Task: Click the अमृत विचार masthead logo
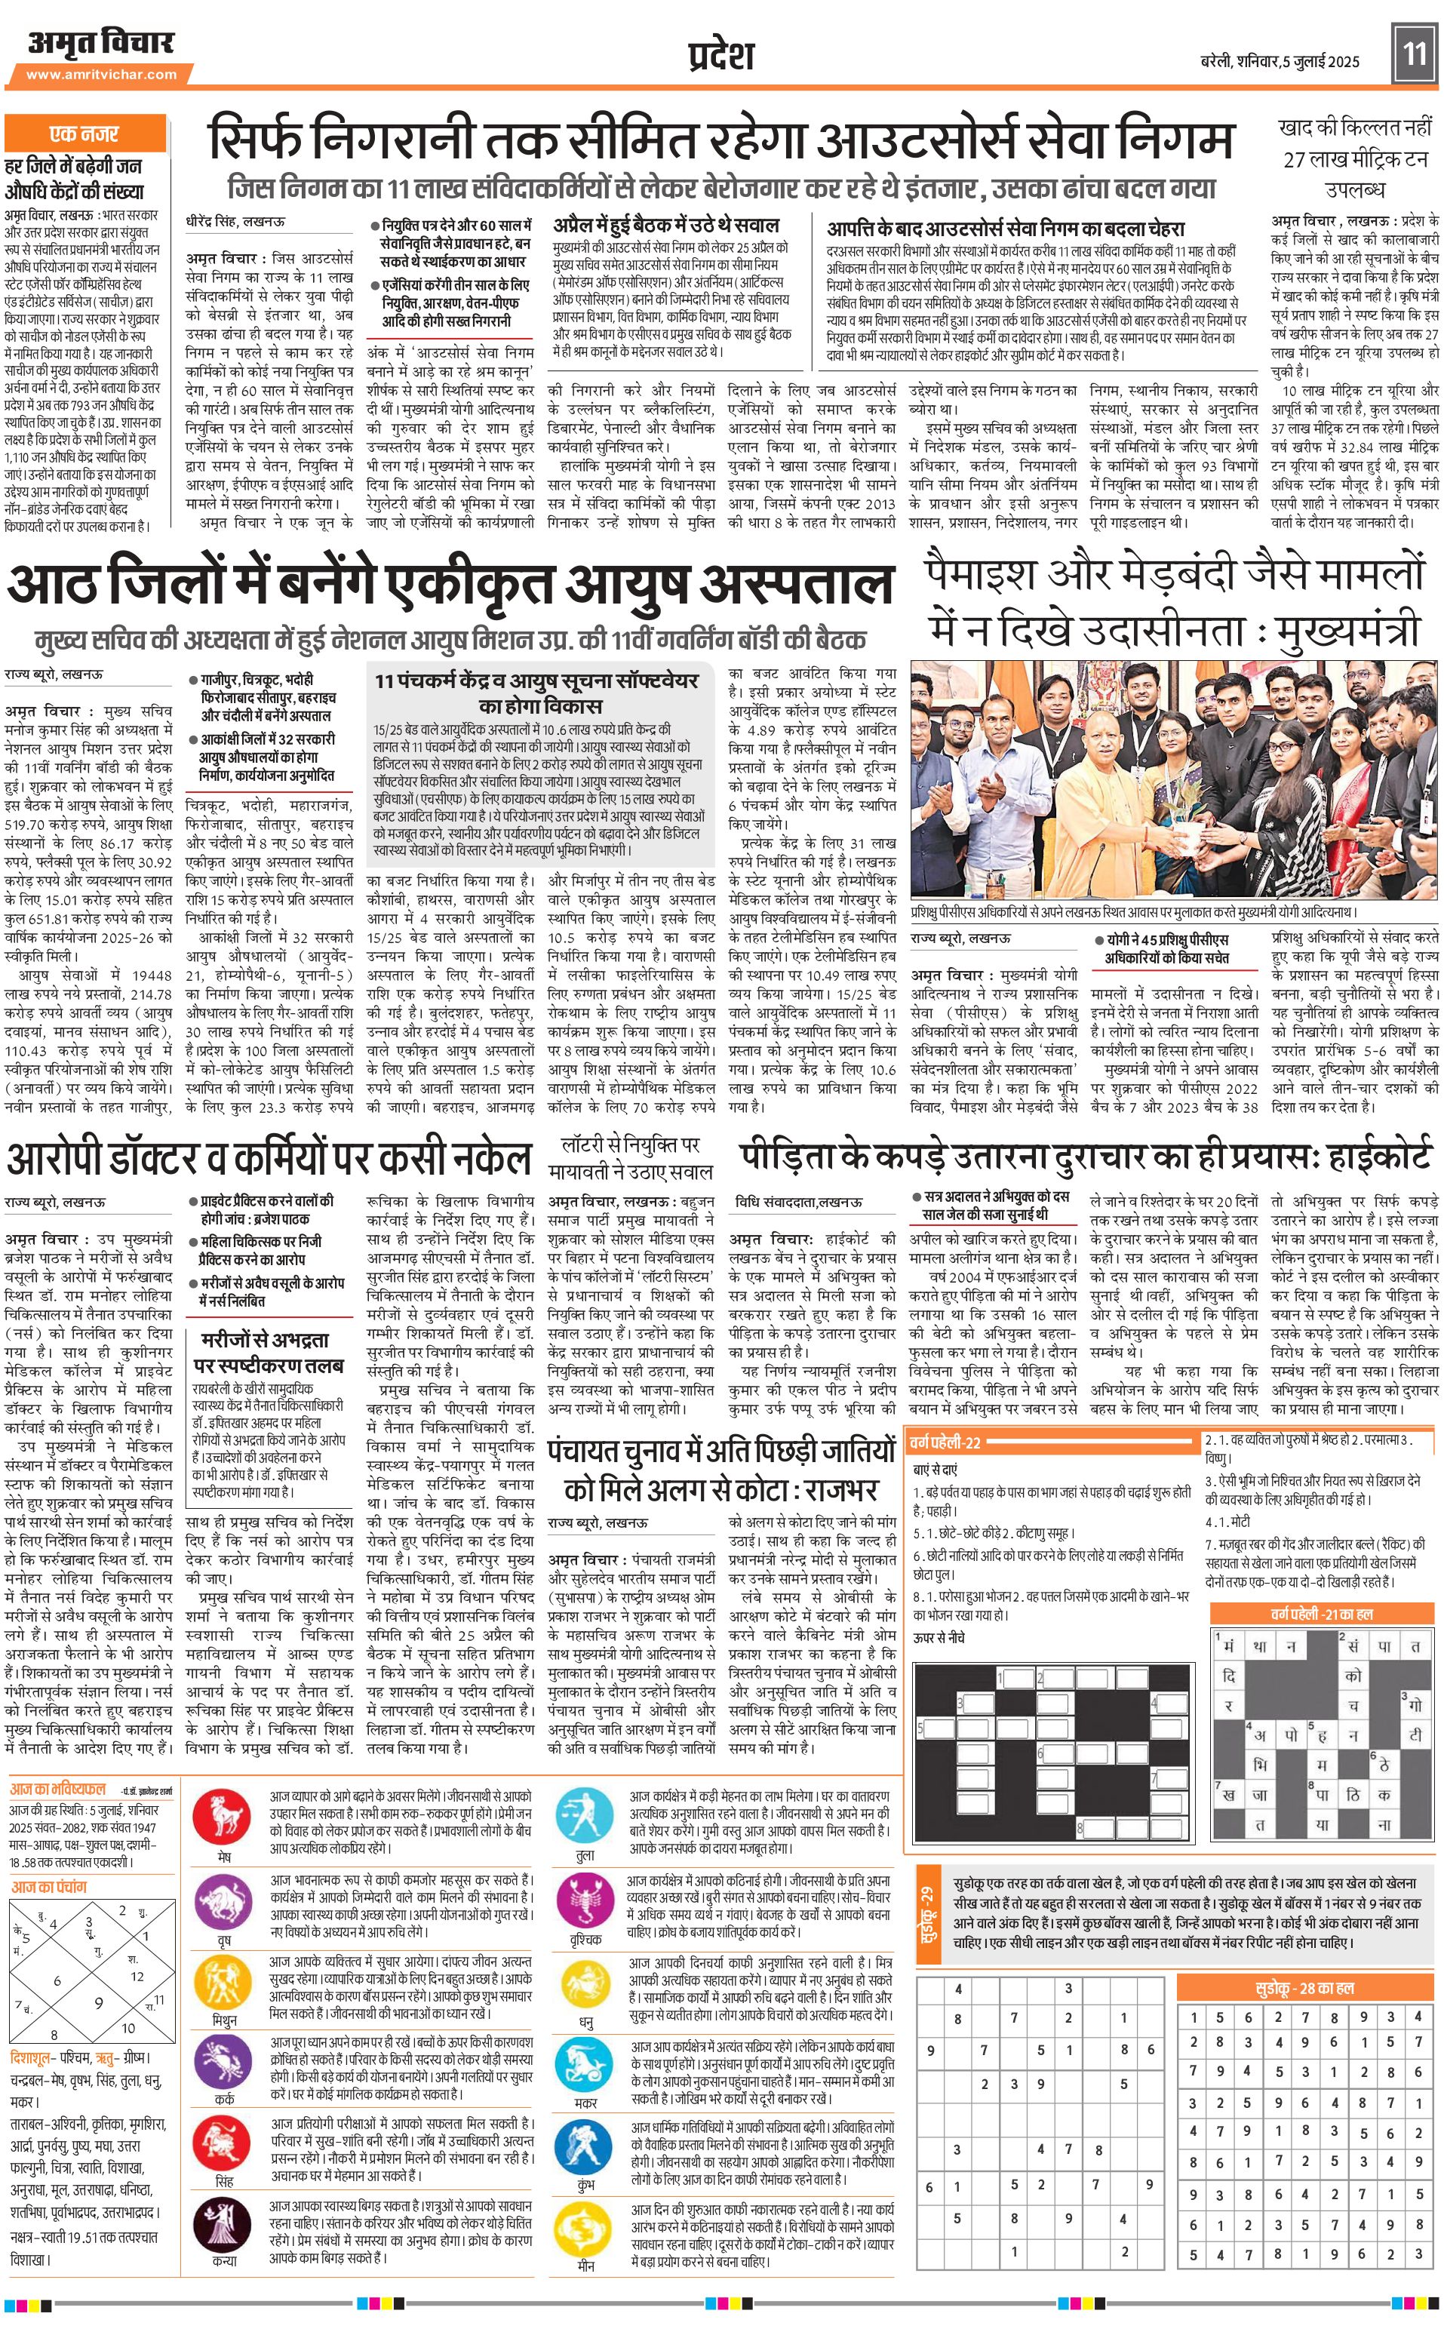pyautogui.click(x=101, y=43)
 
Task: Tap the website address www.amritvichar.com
pyautogui.click(x=101, y=75)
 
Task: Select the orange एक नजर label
pyautogui.click(x=84, y=133)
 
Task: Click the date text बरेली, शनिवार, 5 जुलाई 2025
pyautogui.click(x=1280, y=61)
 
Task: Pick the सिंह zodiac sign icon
pyautogui.click(x=223, y=2142)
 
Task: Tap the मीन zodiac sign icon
pyautogui.click(x=585, y=2225)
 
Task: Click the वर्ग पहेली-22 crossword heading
pyautogui.click(x=945, y=1442)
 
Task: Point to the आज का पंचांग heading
pyautogui.click(x=49, y=1887)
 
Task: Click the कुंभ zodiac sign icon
pyautogui.click(x=585, y=2144)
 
